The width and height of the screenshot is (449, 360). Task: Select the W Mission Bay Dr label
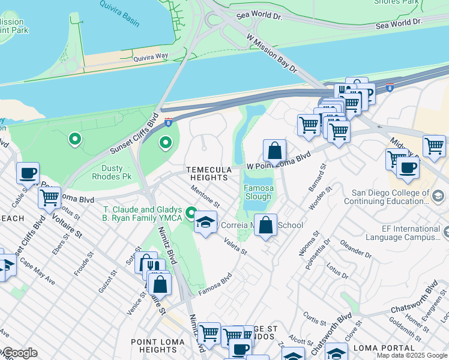tap(272, 52)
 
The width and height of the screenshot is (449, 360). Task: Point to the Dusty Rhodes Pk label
tap(112, 173)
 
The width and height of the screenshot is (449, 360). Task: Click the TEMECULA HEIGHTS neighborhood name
tap(208, 174)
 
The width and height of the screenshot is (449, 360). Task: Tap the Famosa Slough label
tap(258, 192)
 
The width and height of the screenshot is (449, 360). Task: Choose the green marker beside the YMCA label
tap(191, 213)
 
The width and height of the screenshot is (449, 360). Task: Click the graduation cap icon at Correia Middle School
tap(206, 223)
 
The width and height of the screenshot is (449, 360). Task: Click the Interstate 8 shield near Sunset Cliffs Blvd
tap(169, 122)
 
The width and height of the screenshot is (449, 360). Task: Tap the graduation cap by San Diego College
tap(438, 196)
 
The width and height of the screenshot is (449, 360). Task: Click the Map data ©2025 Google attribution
tap(411, 355)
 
